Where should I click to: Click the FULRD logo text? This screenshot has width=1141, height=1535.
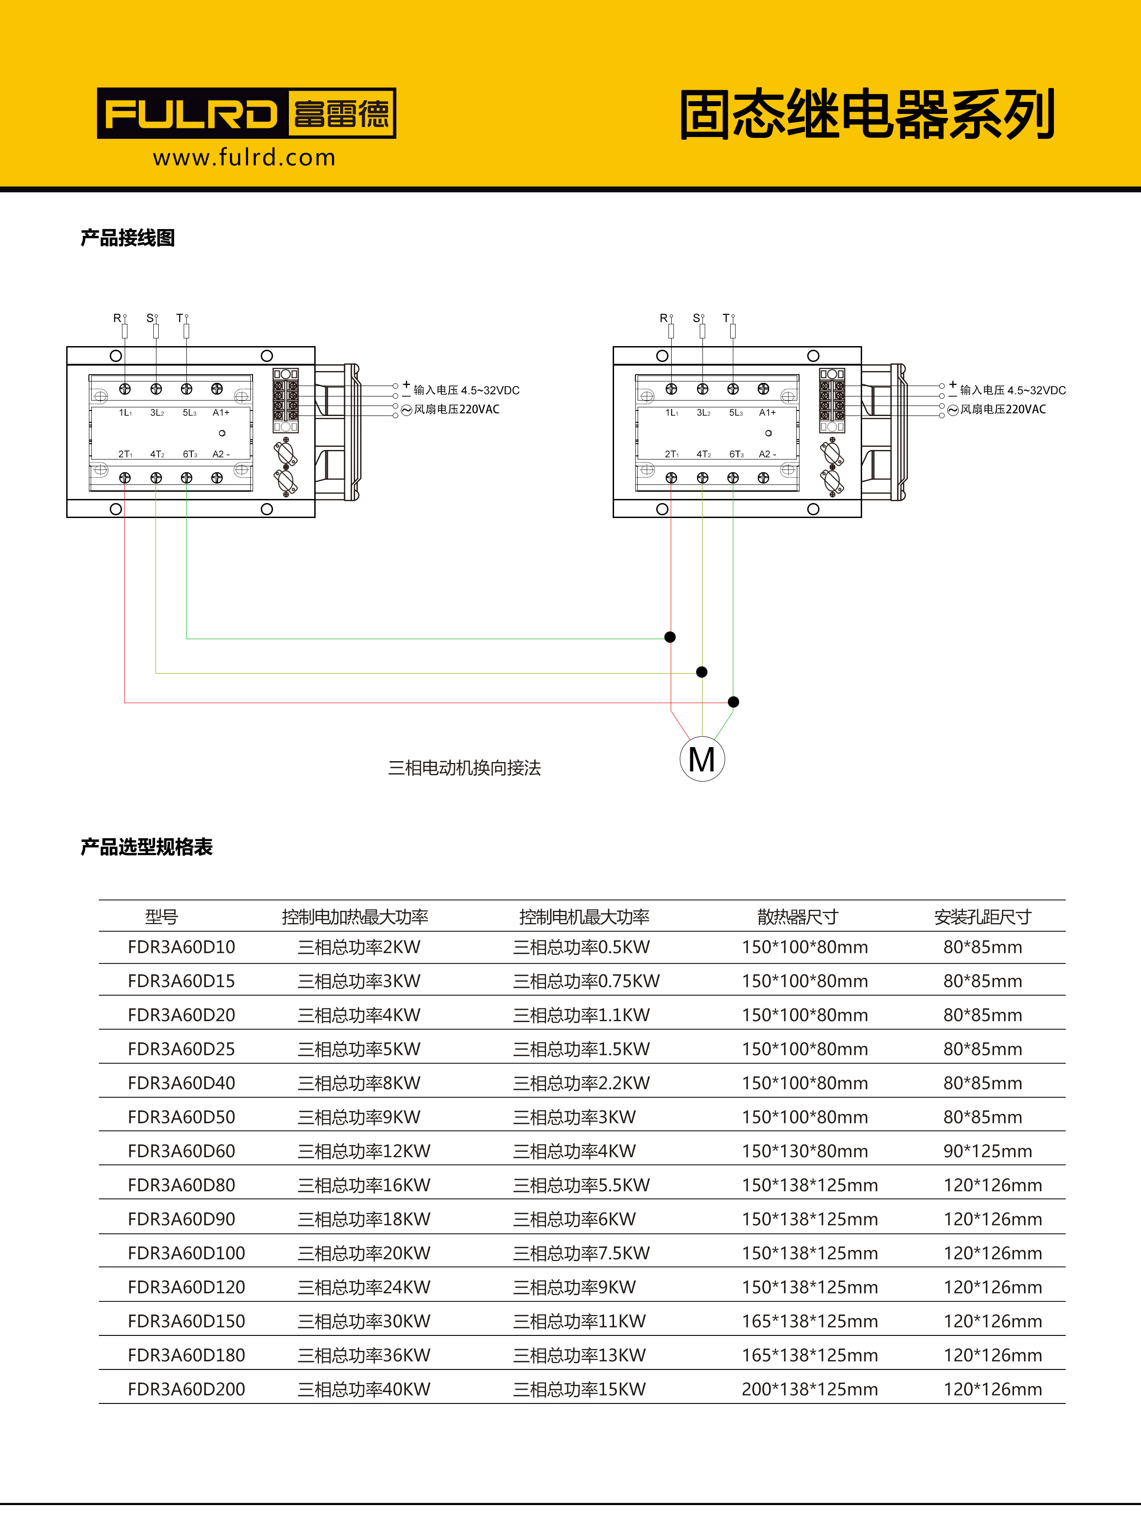click(190, 114)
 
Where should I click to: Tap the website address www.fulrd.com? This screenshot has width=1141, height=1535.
click(244, 157)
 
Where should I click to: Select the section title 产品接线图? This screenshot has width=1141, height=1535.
click(128, 238)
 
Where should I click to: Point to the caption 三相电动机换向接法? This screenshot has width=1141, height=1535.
click(464, 767)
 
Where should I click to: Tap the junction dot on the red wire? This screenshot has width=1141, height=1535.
click(733, 702)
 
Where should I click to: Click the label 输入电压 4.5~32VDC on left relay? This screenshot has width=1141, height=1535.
click(466, 390)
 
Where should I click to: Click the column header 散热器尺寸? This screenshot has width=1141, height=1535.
click(798, 917)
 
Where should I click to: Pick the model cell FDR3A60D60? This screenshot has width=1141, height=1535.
click(182, 1151)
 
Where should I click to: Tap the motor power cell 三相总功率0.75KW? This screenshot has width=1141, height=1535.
click(586, 981)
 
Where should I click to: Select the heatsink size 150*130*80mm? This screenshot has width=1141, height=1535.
click(805, 1151)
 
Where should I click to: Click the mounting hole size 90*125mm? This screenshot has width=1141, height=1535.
click(988, 1151)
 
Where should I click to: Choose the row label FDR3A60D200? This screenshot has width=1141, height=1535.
click(186, 1389)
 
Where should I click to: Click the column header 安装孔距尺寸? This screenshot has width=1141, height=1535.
click(982, 917)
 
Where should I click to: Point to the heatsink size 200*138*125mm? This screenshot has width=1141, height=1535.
click(809, 1389)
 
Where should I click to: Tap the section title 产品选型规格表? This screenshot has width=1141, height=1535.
click(146, 847)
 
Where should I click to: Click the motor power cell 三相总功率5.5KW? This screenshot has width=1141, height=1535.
click(581, 1185)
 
